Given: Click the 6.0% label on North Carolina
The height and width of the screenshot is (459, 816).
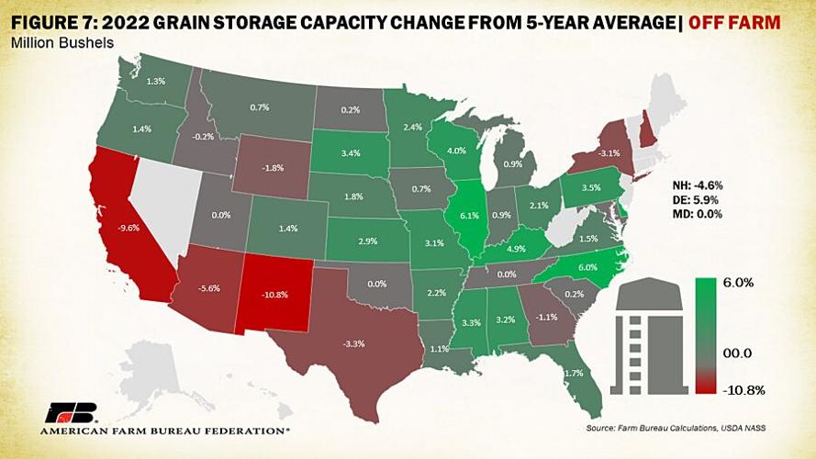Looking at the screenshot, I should (587, 265).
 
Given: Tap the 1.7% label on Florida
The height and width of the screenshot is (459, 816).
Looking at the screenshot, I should (574, 373).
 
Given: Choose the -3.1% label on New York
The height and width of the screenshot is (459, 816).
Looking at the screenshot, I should (609, 153).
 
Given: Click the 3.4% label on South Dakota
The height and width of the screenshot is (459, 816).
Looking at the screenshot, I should (349, 152).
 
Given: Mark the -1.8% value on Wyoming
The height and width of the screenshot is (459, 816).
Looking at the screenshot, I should (271, 168).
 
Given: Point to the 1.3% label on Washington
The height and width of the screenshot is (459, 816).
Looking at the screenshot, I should (156, 82).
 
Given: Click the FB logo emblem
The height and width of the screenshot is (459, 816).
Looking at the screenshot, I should (66, 411).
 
